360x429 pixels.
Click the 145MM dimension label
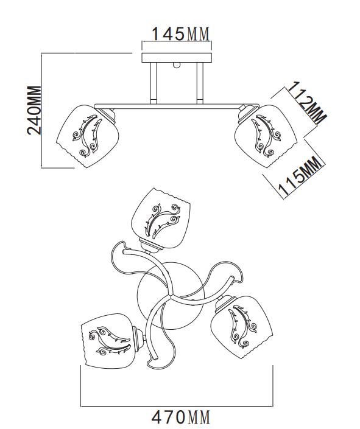click(180, 34)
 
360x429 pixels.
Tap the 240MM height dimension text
click(34, 110)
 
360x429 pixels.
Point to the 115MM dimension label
click(300, 176)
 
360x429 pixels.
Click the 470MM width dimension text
click(181, 417)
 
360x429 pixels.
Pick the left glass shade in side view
click(87, 136)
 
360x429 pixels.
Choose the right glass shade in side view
click(266, 136)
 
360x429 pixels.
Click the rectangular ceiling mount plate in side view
click(177, 57)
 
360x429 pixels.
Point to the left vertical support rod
click(154, 83)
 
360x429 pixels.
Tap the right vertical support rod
click(200, 83)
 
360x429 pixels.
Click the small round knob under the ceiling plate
click(177, 65)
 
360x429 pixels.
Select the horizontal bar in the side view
click(177, 106)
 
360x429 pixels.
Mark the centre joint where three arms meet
click(171, 296)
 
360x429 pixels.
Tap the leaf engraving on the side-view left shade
click(86, 136)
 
